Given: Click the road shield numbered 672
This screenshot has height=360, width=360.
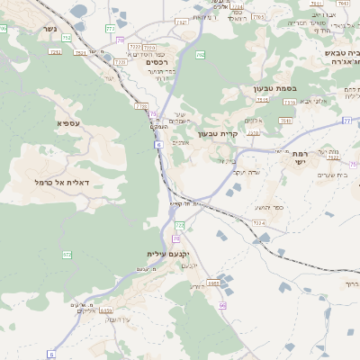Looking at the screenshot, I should (x=67, y=255).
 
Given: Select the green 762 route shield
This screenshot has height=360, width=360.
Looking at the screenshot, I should (x=201, y=55).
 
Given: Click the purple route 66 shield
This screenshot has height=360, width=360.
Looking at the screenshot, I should (x=221, y=305).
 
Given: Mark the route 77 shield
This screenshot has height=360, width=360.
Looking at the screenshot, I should (x=346, y=120).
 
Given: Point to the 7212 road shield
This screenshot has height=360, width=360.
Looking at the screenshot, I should (x=56, y=52).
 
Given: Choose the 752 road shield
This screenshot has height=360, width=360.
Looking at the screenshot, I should (x=67, y=38).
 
